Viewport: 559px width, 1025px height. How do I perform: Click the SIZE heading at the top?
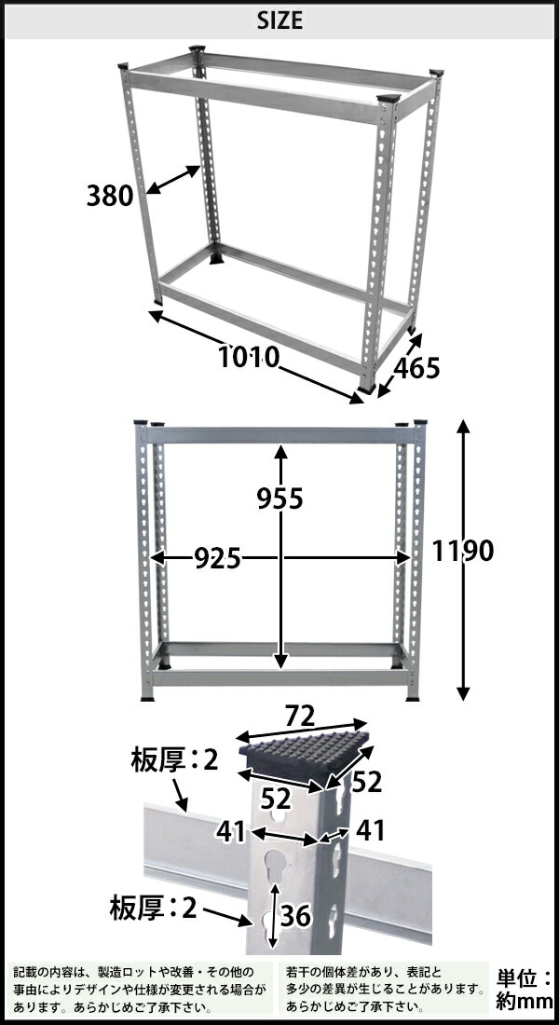pyautogui.click(x=279, y=20)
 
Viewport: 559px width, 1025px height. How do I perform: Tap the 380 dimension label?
pyautogui.click(x=111, y=197)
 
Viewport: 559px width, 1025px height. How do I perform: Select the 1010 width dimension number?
pyautogui.click(x=249, y=356)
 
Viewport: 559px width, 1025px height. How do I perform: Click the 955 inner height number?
pyautogui.click(x=280, y=499)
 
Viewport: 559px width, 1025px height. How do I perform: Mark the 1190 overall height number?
pyautogui.click(x=462, y=551)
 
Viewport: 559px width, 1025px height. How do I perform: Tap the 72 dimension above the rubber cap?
pyautogui.click(x=300, y=717)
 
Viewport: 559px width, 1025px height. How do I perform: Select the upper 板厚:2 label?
pyautogui.click(x=174, y=761)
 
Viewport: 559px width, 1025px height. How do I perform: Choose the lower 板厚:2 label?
pyautogui.click(x=155, y=908)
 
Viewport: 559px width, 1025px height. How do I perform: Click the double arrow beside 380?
pyautogui.click(x=174, y=181)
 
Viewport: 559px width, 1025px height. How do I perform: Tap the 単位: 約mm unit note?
pyautogui.click(x=522, y=990)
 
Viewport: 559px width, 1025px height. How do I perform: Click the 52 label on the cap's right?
pyautogui.click(x=367, y=783)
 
